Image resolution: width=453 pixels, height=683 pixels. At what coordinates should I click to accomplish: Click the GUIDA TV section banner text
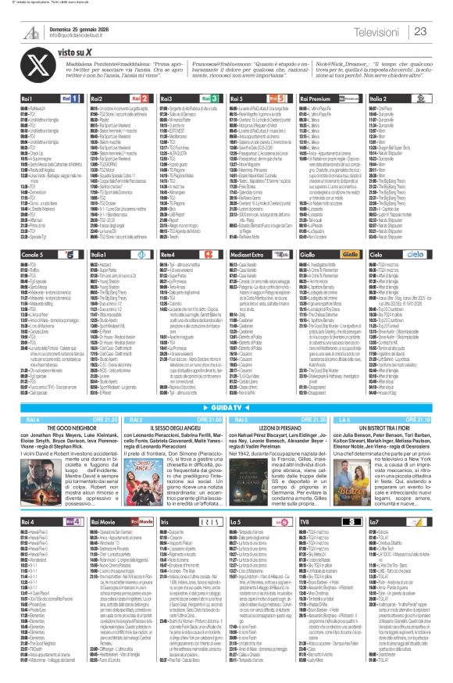tap(226, 408)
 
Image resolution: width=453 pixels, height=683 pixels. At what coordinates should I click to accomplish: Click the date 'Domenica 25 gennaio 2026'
tap(62, 27)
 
